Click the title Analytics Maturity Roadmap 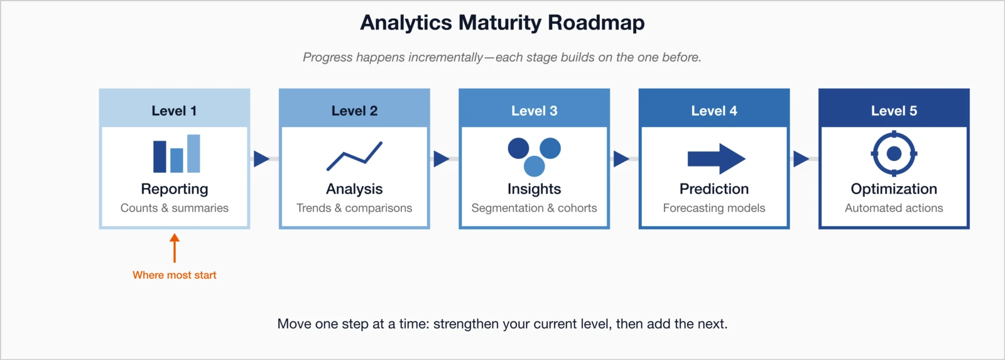[502, 23]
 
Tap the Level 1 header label [174, 111]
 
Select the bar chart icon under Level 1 [177, 155]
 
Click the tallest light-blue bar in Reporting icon [193, 153]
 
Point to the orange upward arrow [175, 248]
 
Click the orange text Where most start [174, 275]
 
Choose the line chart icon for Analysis [354, 156]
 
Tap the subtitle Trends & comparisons [354, 208]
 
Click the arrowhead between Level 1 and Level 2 [261, 158]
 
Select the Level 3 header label [534, 111]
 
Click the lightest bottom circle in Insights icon [534, 166]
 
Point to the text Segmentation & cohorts [534, 208]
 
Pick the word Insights [534, 189]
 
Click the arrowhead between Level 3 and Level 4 [621, 158]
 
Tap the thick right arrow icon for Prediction [716, 159]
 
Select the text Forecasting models [714, 208]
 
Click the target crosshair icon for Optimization [894, 153]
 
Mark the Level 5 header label [894, 111]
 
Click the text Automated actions [894, 208]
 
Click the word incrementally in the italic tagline [445, 57]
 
